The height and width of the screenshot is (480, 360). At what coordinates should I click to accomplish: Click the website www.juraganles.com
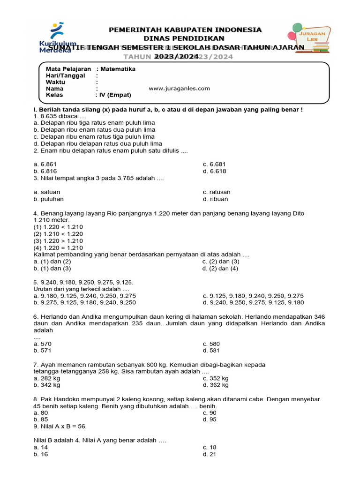(x=179, y=88)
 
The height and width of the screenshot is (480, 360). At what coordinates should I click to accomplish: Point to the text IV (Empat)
(x=115, y=95)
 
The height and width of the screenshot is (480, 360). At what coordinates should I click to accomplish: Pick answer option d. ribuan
(x=215, y=199)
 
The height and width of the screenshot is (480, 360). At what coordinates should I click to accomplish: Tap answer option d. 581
(x=211, y=350)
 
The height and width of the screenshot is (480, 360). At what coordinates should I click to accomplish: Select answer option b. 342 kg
(x=47, y=385)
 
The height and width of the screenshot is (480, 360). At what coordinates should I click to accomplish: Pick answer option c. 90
(x=210, y=412)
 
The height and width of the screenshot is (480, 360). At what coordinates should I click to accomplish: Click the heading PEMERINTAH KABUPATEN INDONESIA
(x=185, y=30)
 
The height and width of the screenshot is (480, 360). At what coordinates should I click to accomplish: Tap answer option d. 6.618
(x=214, y=171)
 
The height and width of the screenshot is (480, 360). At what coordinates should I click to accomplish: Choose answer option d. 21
(x=210, y=454)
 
